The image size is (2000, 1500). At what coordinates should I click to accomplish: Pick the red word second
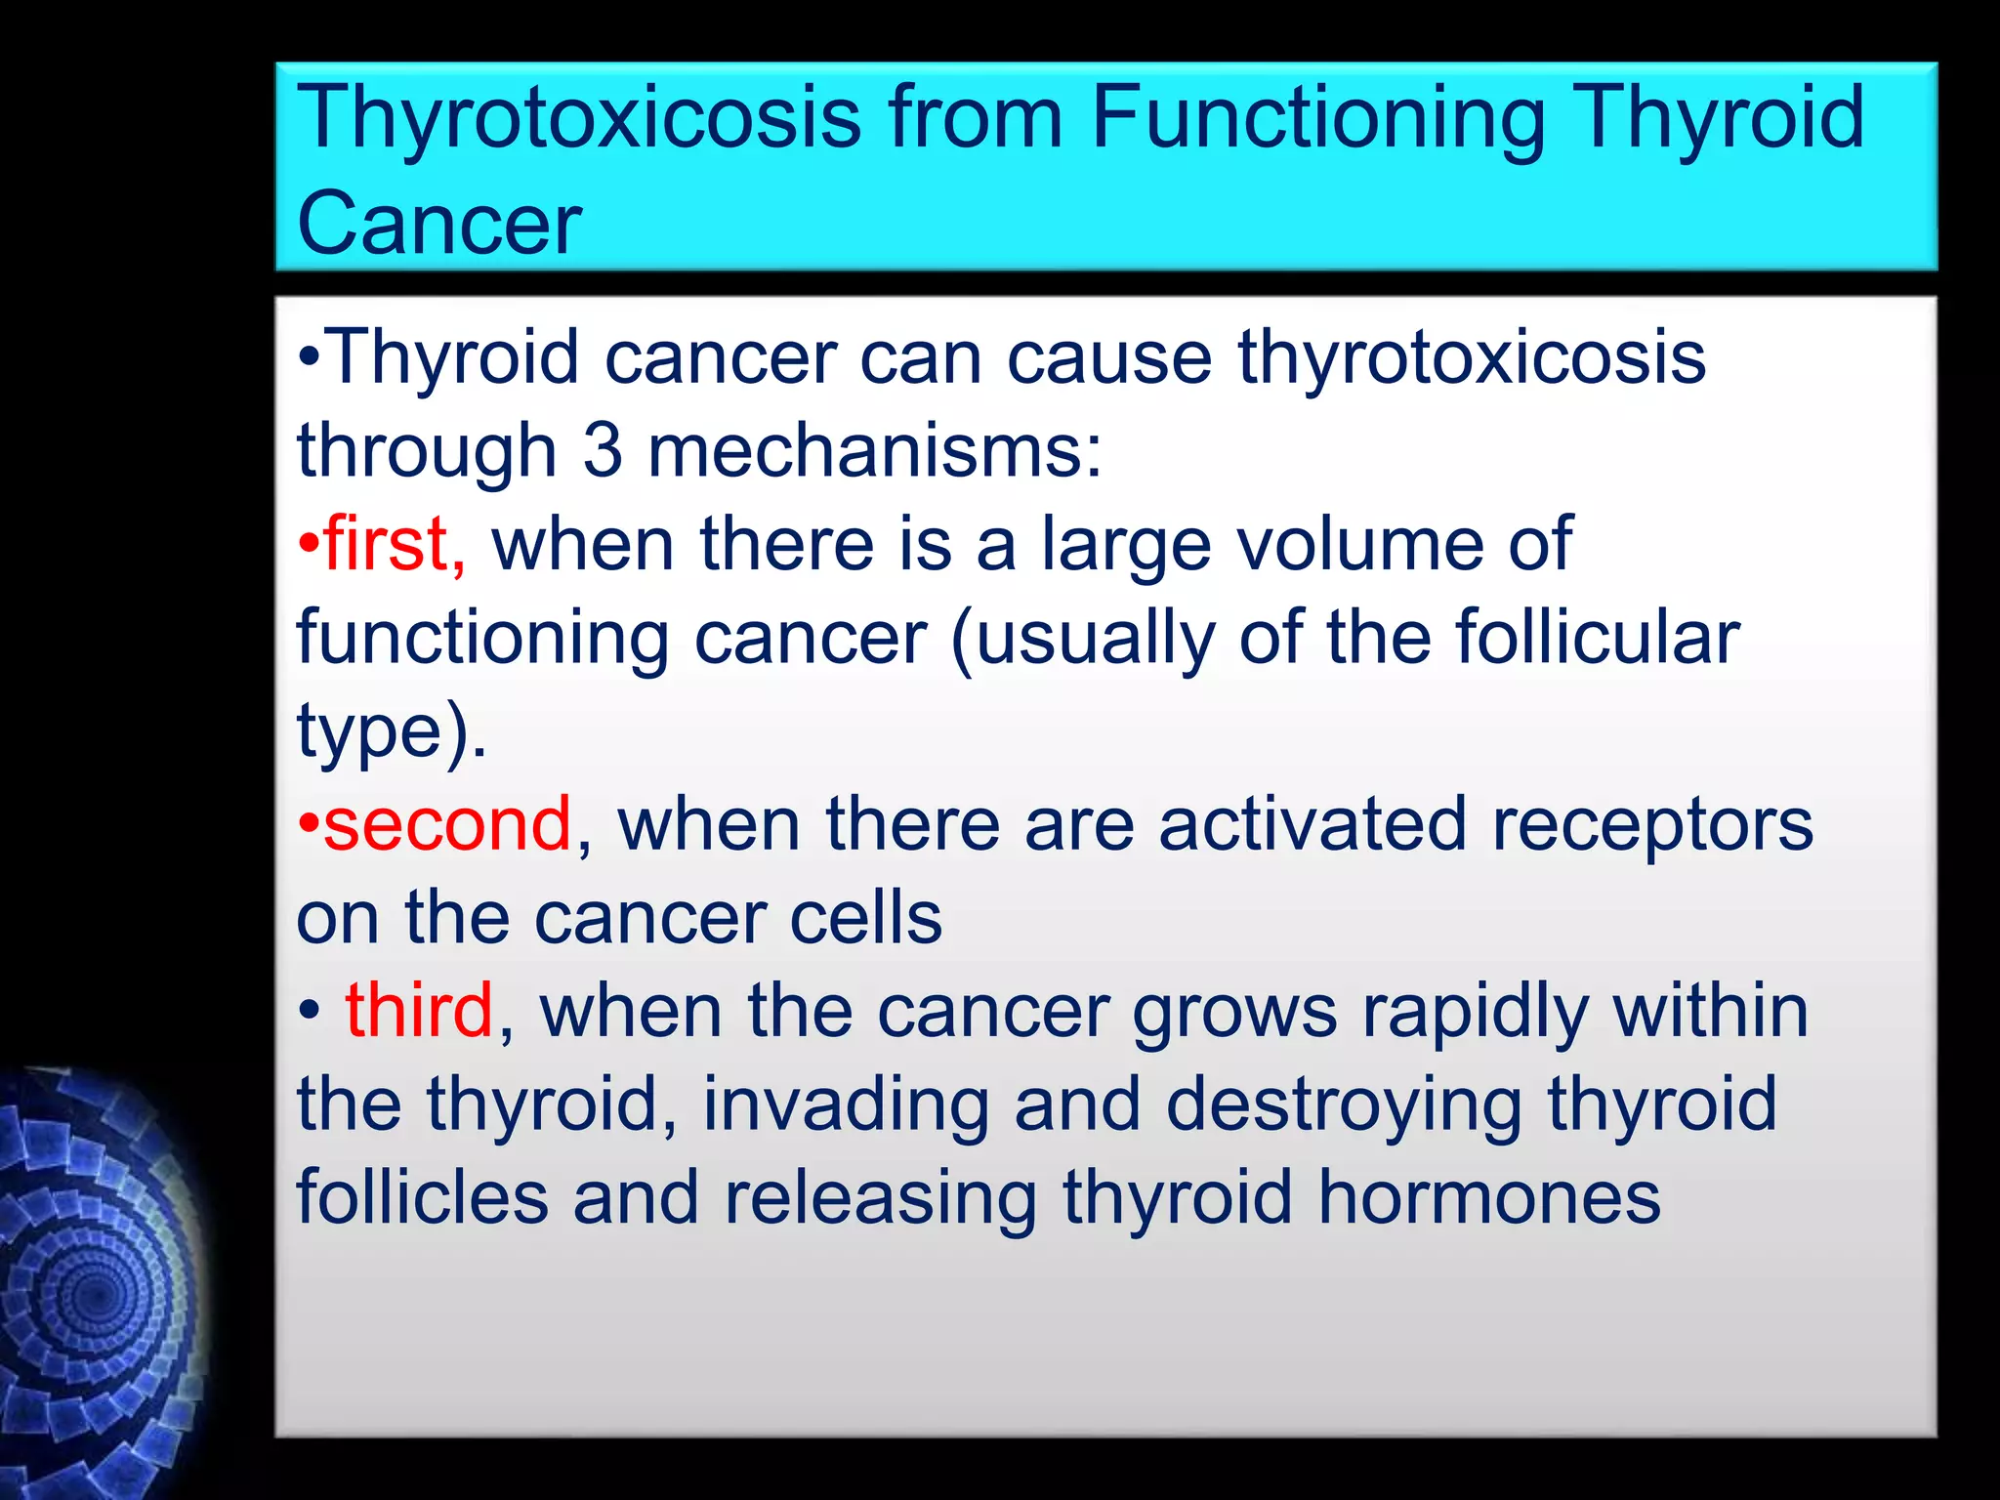coord(447,824)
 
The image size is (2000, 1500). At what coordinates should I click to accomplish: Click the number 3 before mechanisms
coord(603,451)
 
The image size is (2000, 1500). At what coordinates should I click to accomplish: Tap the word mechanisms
coord(875,451)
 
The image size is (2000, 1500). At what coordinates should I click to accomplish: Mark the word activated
coord(1312,824)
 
